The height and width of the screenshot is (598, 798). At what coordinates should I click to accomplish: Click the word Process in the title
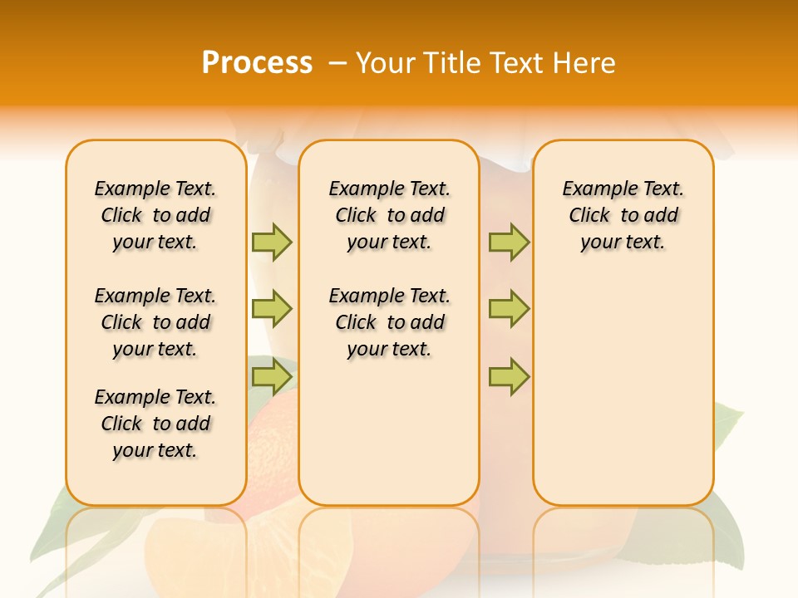coord(257,63)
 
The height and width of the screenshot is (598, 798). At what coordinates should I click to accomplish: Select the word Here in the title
coord(585,63)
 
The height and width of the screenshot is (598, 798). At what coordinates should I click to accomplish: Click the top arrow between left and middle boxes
coord(272,242)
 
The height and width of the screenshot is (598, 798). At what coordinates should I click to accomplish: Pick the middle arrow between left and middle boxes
coord(272,309)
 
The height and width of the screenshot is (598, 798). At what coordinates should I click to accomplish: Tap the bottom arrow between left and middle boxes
coord(272,376)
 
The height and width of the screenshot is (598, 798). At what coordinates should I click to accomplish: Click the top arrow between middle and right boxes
coord(509,242)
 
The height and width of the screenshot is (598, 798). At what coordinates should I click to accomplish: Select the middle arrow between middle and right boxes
coord(509,309)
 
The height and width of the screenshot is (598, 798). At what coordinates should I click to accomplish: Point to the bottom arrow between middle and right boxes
coord(509,376)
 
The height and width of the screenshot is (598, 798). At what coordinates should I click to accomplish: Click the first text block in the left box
coord(155,215)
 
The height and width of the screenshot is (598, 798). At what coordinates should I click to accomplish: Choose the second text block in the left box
coord(155,322)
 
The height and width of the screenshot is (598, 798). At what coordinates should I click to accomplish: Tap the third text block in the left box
coord(155,424)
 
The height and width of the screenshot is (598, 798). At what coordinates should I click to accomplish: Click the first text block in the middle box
coord(390,215)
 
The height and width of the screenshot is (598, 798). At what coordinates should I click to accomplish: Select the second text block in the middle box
coord(390,322)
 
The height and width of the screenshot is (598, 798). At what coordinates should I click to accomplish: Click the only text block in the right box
coord(623,215)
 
